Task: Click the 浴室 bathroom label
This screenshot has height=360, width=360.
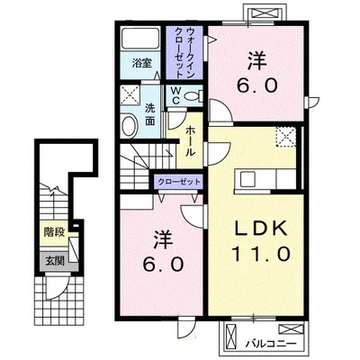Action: point(140,64)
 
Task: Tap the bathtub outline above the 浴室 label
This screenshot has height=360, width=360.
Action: point(139,39)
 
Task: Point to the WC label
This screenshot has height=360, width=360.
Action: point(176,95)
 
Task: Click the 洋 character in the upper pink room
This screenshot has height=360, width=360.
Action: point(255,59)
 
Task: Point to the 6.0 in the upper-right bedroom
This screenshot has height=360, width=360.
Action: point(255,88)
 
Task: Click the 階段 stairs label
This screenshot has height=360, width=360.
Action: point(53,231)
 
